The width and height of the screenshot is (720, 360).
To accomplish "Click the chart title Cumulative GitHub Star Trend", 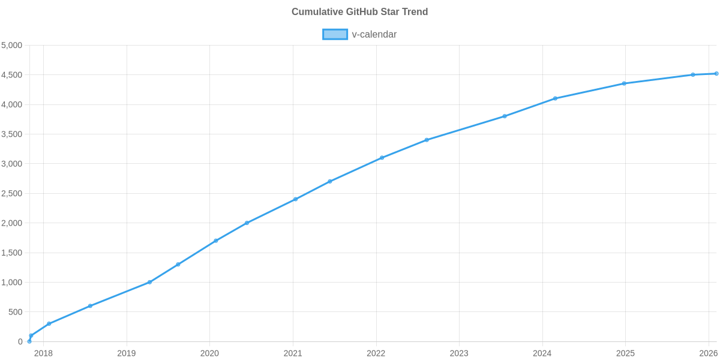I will coord(359,12).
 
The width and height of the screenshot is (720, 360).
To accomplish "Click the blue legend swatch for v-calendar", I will coord(335,34).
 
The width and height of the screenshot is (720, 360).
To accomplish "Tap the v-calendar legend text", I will coord(374,34).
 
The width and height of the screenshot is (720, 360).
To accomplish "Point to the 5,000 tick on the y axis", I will coord(12,46).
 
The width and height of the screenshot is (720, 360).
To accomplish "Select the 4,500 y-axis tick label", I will coord(12,75).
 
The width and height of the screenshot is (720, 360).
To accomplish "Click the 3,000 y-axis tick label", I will coord(12,164).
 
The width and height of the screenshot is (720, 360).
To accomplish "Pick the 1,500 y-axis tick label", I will coord(12,253).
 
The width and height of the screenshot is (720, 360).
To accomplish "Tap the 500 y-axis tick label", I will coord(16,312).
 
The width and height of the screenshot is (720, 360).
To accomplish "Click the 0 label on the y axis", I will coord(20,341).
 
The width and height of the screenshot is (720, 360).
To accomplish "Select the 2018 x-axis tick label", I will coord(43,353).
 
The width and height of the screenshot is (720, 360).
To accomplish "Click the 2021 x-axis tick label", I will coord(293,353).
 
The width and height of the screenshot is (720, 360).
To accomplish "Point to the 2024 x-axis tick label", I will coord(542,353).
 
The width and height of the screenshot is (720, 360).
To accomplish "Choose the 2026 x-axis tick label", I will coord(709,353).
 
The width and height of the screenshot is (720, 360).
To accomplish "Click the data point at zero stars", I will coord(29,341).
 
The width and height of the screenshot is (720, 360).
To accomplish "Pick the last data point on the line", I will coord(716,74).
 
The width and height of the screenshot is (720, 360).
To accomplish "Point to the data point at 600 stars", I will coord(90,306).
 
